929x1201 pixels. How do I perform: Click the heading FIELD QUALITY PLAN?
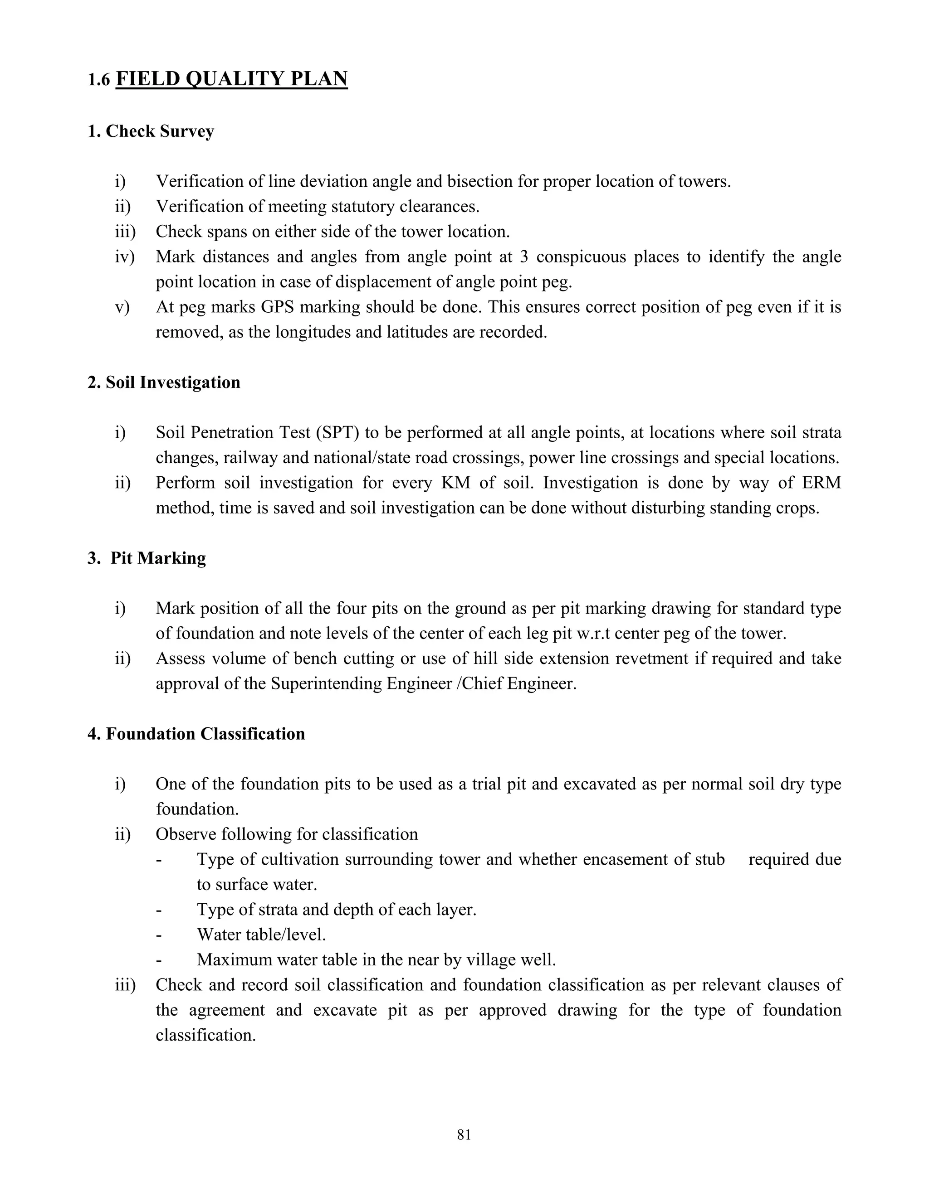pos(232,79)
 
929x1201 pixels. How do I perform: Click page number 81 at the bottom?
pos(464,1135)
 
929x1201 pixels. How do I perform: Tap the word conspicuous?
pos(581,257)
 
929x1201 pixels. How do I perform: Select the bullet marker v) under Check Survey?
pos(122,307)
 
